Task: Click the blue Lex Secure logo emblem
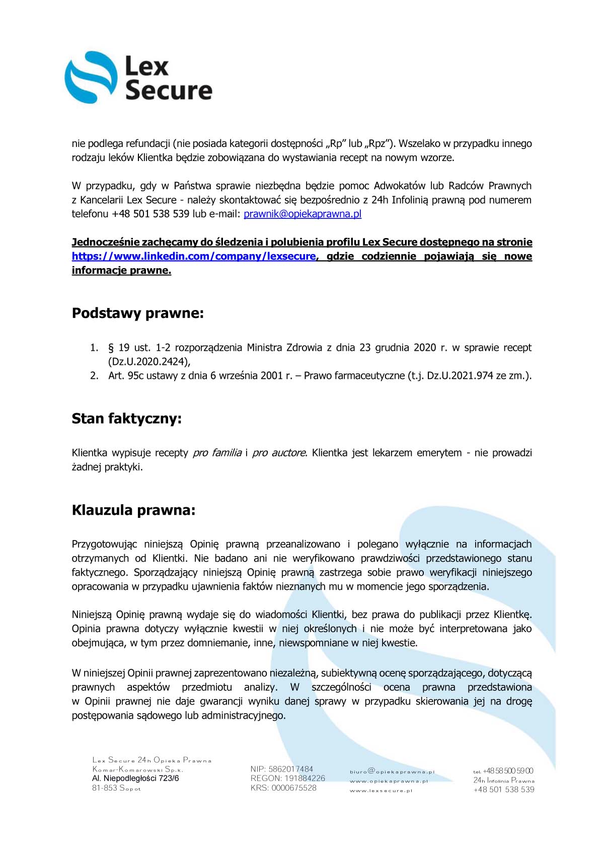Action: pos(90,78)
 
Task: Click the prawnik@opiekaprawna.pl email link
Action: pos(302,214)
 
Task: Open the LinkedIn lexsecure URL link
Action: pos(193,256)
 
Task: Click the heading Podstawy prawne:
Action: pos(137,313)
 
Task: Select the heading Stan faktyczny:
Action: pos(126,418)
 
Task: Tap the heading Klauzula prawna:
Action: pos(133,510)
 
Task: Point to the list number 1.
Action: pos(94,348)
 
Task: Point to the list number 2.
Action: pos(94,375)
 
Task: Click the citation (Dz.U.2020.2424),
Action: pos(149,361)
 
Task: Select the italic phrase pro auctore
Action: pos(279,453)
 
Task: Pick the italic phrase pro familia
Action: pos(217,453)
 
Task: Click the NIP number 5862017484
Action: pos(290,769)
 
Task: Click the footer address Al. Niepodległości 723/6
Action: pos(135,778)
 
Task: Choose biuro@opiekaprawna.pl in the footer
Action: pos(392,771)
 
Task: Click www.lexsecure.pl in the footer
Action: pos(381,791)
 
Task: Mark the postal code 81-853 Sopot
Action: pos(116,788)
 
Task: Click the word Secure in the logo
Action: pos(169,91)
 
